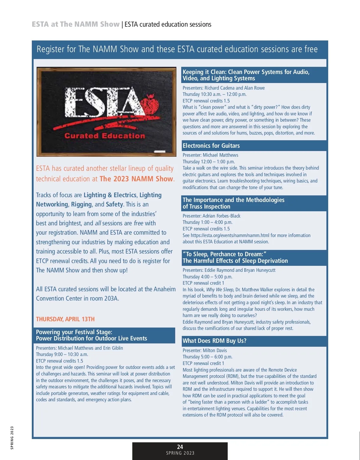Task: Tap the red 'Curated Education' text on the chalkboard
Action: (x=104, y=136)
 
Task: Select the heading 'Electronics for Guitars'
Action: (x=211, y=146)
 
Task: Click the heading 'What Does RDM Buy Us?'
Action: (x=214, y=341)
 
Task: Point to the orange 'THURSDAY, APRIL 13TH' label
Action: (x=65, y=319)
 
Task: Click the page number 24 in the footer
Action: (x=180, y=447)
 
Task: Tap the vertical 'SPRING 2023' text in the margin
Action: (x=12, y=438)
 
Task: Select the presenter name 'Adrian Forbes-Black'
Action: (x=221, y=216)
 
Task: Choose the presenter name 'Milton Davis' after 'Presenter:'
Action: (x=215, y=350)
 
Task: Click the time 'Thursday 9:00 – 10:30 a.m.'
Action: (x=62, y=354)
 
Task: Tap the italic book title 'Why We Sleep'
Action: (x=220, y=289)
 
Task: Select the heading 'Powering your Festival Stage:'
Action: (x=74, y=332)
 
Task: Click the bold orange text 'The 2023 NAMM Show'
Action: (x=136, y=179)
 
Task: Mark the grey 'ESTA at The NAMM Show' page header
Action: (x=76, y=24)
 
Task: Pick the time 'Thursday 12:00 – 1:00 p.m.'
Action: (x=209, y=162)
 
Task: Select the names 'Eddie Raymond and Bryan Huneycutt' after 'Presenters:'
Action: (x=240, y=270)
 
